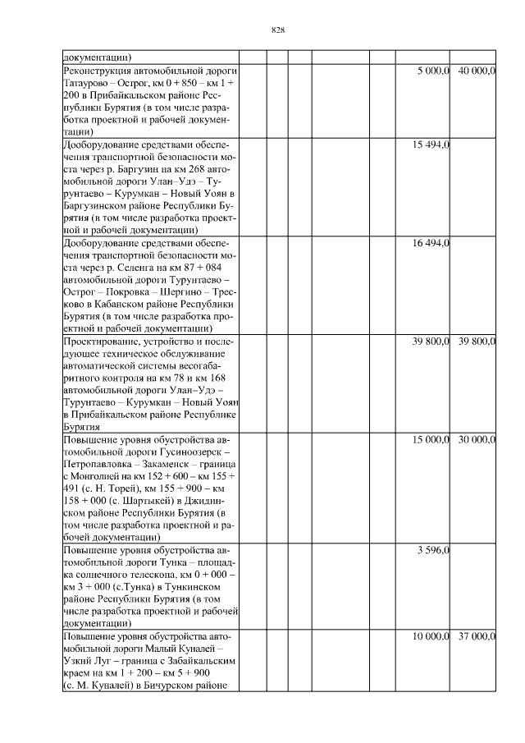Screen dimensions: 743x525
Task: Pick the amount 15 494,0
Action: (431, 145)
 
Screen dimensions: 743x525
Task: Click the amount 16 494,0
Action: (431, 244)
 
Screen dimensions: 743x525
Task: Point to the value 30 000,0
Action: (477, 441)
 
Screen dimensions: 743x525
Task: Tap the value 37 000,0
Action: (477, 636)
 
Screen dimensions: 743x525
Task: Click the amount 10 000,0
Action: (431, 636)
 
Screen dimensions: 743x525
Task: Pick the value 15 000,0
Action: (431, 441)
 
